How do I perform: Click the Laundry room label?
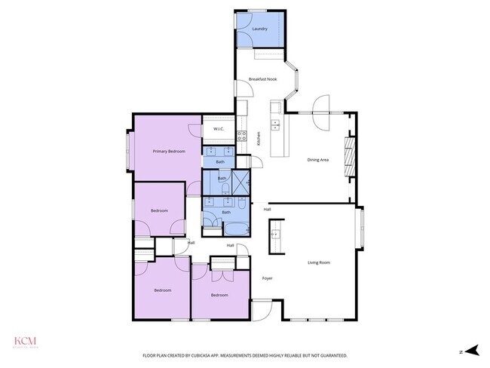pos(260,29)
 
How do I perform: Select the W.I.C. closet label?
pos(219,129)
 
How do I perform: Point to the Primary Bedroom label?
pos(169,152)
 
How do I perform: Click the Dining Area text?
pos(317,159)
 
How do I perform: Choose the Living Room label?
pos(319,262)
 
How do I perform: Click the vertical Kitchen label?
pos(258,139)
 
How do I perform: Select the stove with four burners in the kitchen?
pos(242,136)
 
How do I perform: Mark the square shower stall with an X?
pos(242,182)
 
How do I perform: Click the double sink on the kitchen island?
pos(275,123)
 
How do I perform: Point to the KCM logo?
pos(25,342)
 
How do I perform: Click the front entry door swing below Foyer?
pos(262,306)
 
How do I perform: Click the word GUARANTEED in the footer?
pos(333,355)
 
